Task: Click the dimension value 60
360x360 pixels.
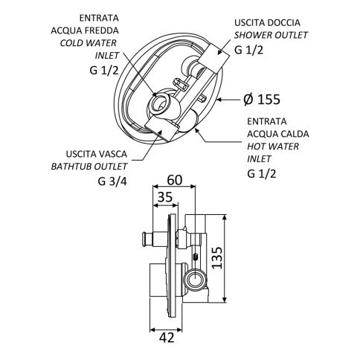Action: tap(175, 180)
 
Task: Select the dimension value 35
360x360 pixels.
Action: tap(165, 197)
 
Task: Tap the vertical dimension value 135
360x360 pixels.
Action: tap(217, 257)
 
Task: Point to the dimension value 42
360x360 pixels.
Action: tap(167, 338)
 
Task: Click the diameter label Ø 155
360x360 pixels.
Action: tap(262, 100)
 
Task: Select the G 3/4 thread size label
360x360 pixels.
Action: tap(112, 181)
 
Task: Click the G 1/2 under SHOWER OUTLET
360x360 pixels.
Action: tap(248, 50)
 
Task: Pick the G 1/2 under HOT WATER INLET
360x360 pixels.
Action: tap(262, 173)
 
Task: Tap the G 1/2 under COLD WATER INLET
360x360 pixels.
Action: tap(104, 71)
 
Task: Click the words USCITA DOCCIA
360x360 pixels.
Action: tap(267, 23)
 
